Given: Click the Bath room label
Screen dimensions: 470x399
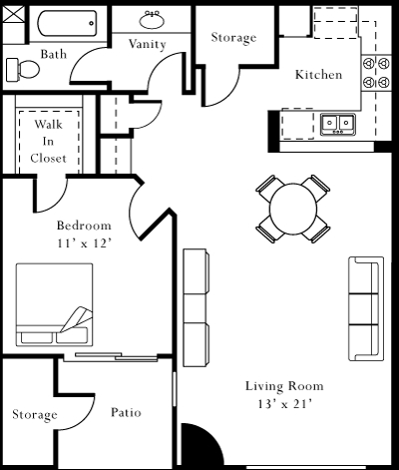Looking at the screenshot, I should pos(54,54).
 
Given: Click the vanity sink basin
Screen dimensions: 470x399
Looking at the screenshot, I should pos(154,20).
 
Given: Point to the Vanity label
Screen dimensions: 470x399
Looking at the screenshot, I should pos(148,44).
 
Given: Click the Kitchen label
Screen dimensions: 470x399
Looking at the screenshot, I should pos(318,75).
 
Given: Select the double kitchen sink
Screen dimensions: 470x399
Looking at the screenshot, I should pos(338,124).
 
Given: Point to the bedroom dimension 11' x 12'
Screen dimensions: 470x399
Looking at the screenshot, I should pos(83,242).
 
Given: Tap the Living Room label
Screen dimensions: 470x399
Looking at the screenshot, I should pos(284,386).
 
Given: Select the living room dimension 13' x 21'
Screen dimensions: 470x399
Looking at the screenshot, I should pos(284,404).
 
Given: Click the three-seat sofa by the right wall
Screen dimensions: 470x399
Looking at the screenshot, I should pos(365,308).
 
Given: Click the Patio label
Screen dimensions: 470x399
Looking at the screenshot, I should pos(126,411).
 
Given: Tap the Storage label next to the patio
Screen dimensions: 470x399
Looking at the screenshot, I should pos(34,414).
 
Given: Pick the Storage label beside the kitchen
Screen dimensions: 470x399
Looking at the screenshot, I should pos(233,38).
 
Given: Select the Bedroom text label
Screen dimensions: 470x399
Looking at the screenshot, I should pos(83,225).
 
